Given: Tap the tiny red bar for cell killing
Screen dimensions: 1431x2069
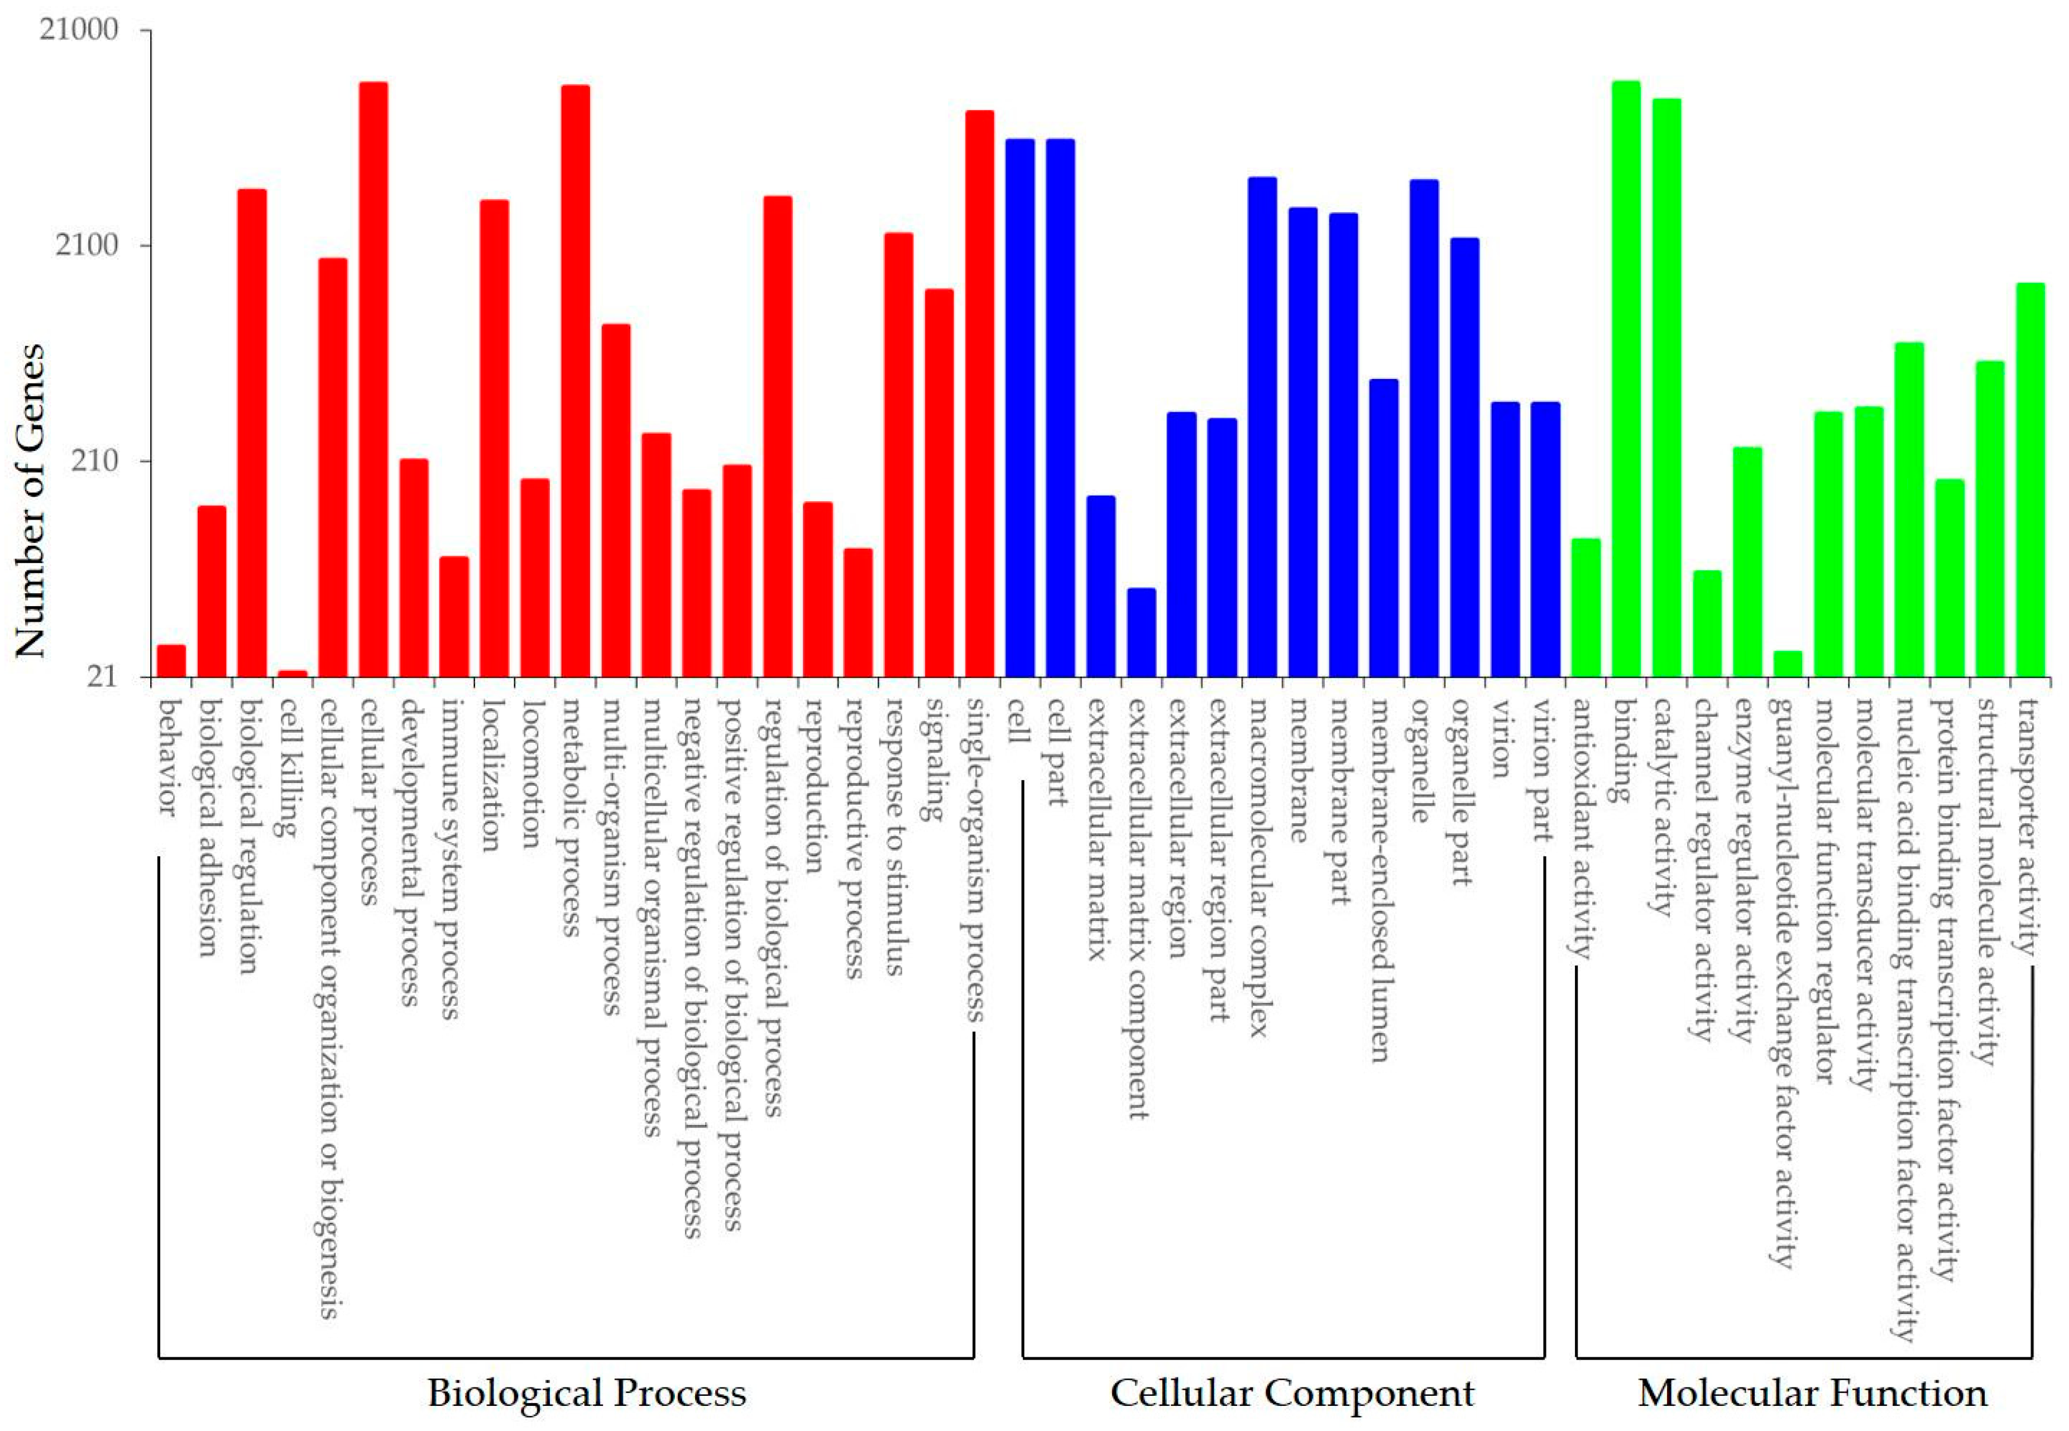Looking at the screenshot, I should (293, 673).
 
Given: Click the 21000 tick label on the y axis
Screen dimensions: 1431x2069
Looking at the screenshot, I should (79, 30).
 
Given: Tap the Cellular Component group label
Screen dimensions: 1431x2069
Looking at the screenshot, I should (1291, 1392).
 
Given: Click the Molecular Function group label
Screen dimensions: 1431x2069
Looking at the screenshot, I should (1813, 1392).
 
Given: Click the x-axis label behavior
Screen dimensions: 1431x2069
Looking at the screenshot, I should (167, 758).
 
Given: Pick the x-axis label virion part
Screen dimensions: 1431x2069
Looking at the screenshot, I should (1541, 771).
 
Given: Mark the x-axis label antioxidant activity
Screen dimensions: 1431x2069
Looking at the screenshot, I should (1583, 829).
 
